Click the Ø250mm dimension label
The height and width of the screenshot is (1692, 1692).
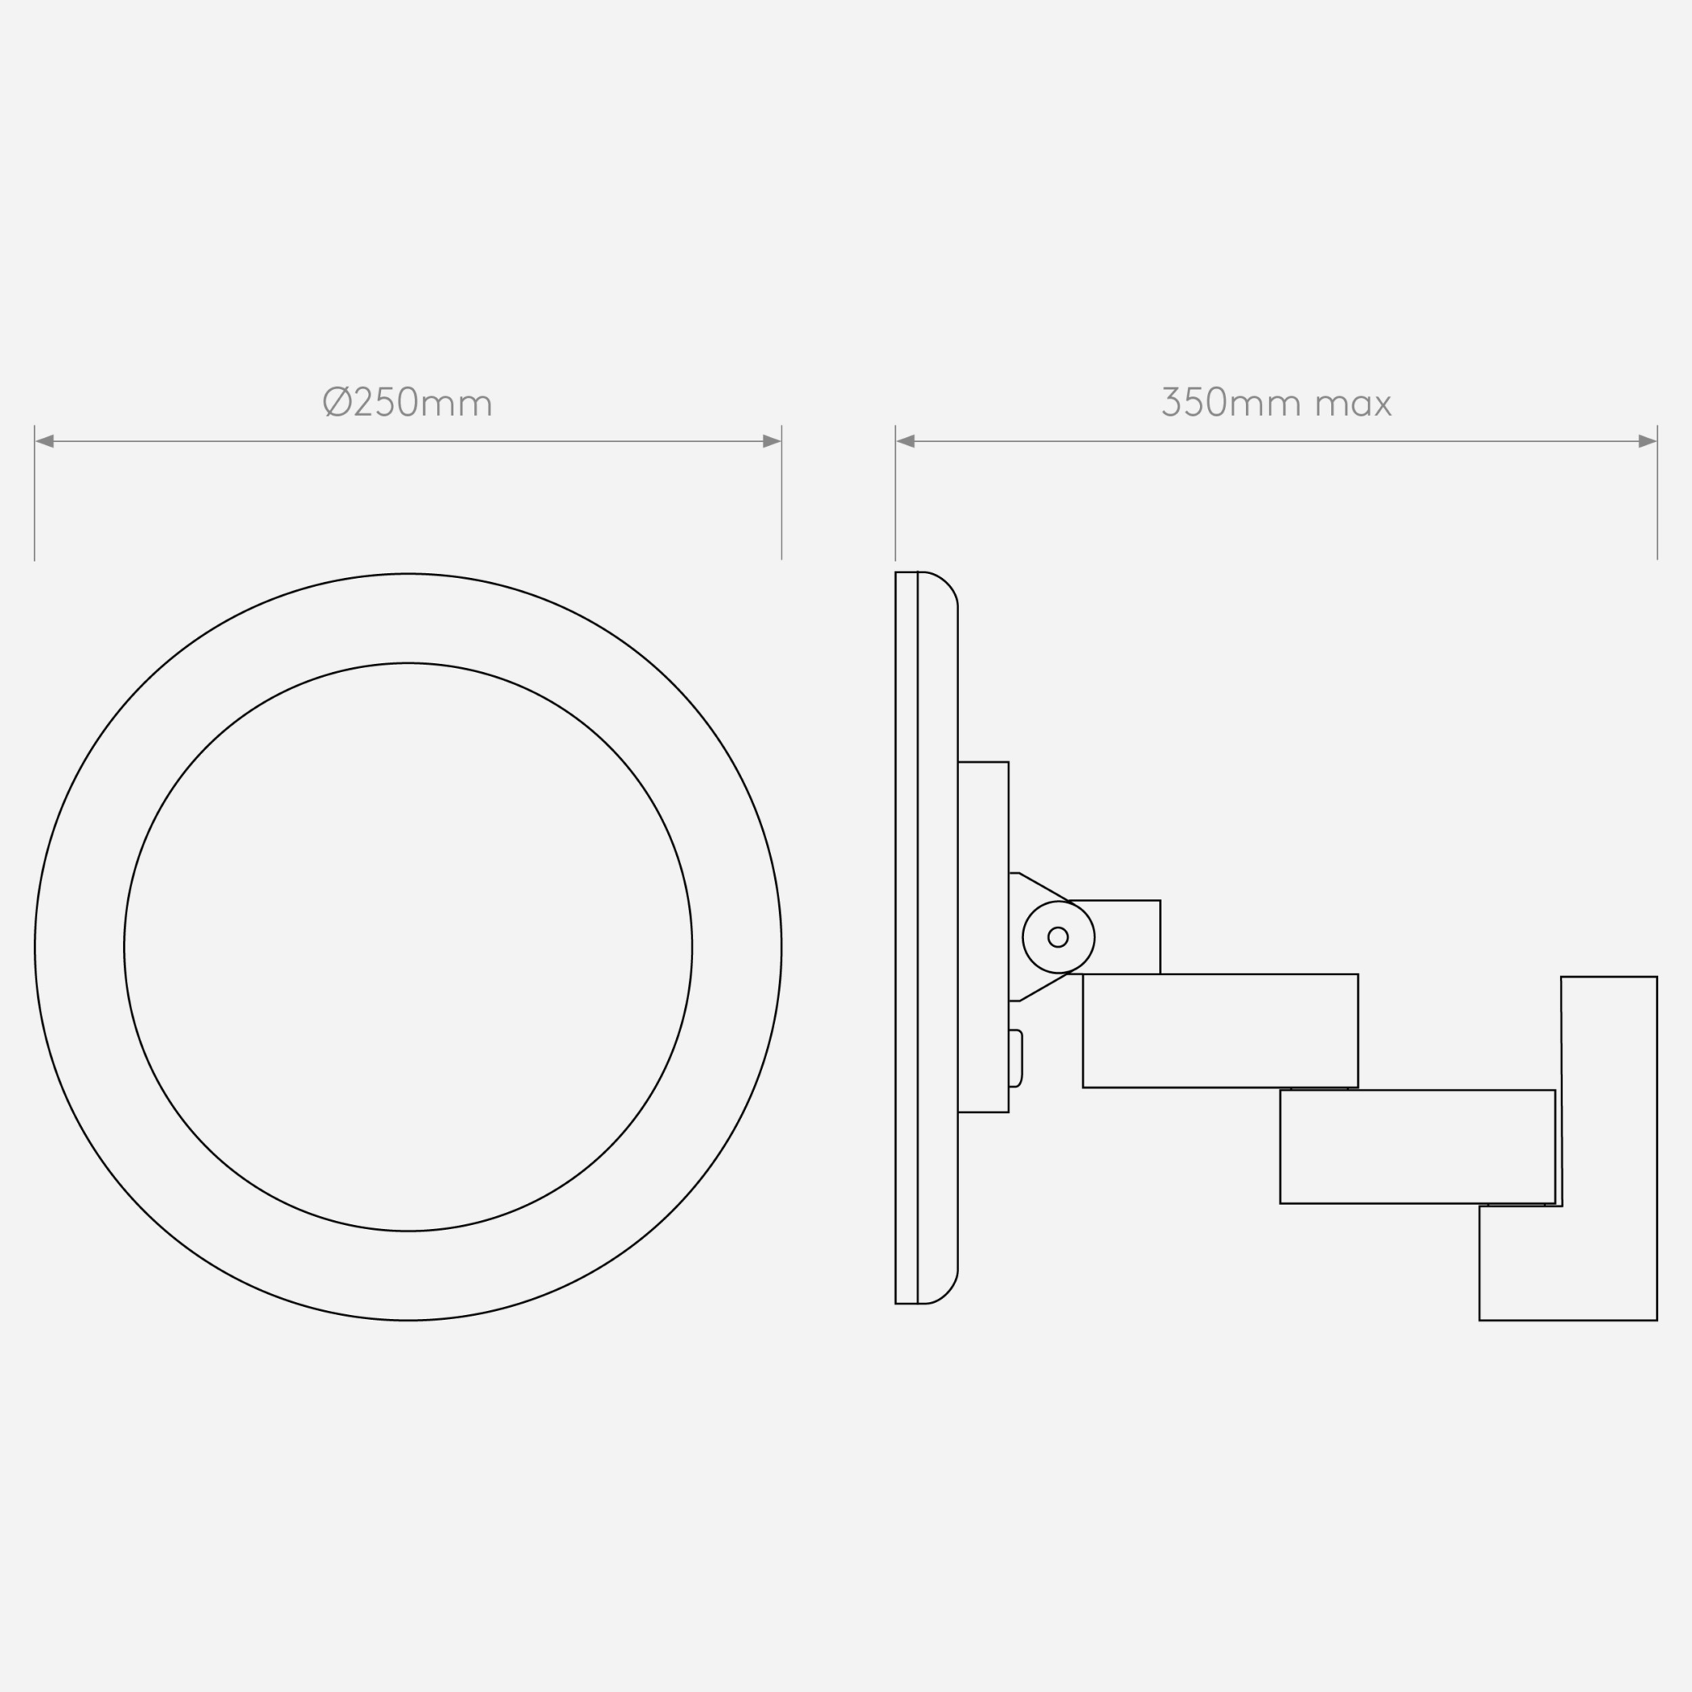(x=408, y=402)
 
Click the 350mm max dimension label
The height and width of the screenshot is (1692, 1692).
(x=1276, y=402)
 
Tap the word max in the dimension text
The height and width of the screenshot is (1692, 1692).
(x=1353, y=405)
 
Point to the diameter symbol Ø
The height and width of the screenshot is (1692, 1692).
(x=337, y=402)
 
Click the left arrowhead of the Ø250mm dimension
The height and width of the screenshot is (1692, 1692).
(x=45, y=441)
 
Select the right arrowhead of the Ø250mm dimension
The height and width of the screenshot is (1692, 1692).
(x=772, y=441)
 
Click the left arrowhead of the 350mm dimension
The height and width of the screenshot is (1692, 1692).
(x=906, y=441)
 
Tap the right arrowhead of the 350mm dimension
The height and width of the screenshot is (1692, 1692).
(x=1647, y=441)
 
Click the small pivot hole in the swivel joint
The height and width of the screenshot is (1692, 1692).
(x=1058, y=937)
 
